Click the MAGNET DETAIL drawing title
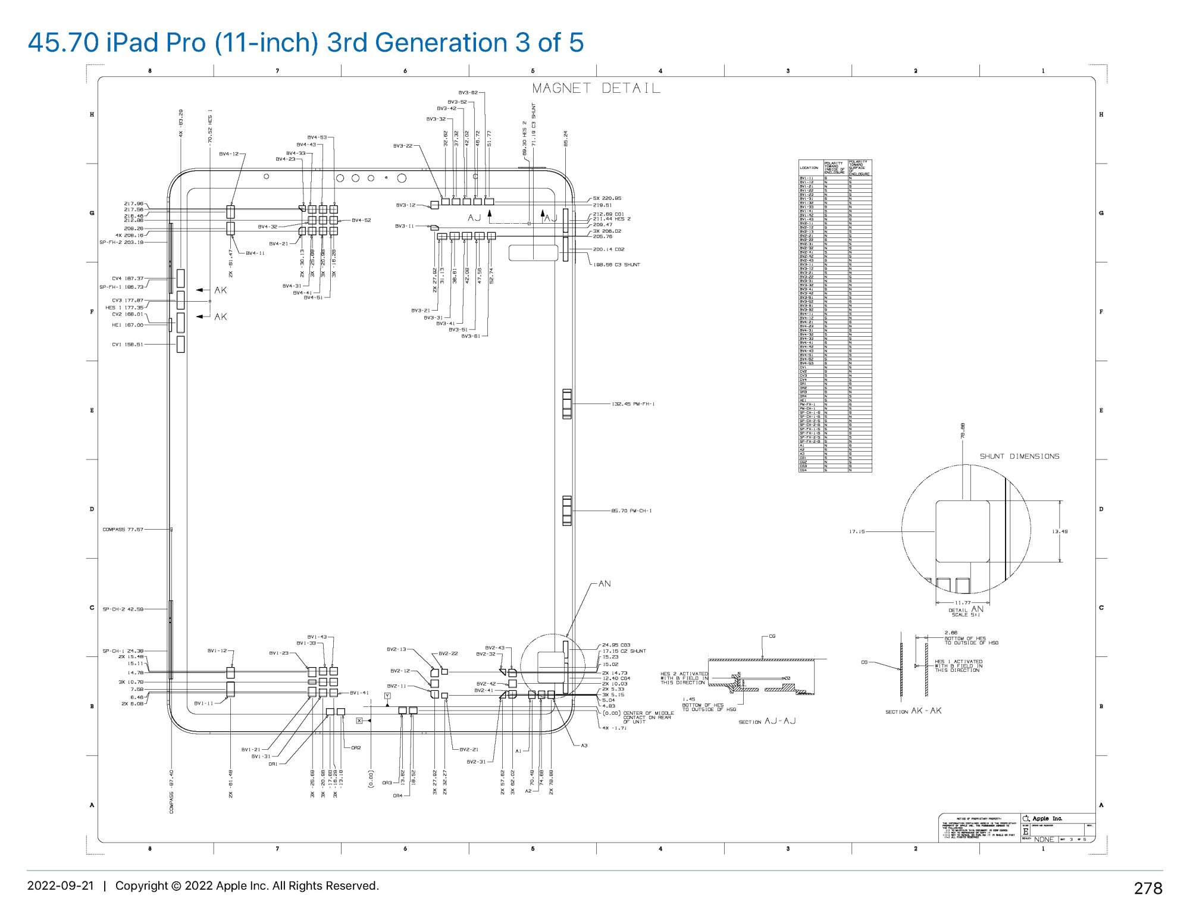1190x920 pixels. click(x=596, y=88)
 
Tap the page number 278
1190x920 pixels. click(x=1148, y=888)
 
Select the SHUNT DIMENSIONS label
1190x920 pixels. click(x=1019, y=456)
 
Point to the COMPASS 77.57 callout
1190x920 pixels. click(x=123, y=529)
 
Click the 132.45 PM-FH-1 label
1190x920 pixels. click(x=633, y=404)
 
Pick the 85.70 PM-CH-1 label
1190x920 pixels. click(x=631, y=511)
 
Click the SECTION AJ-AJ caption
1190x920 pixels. click(x=767, y=721)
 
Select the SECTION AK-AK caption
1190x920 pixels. click(x=913, y=711)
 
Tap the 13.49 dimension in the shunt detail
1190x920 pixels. click(x=1060, y=531)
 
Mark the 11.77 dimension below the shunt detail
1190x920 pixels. click(x=963, y=603)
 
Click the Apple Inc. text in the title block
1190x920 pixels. click(x=1047, y=819)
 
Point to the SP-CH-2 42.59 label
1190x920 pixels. click(x=123, y=609)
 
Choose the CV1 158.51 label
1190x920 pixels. click(x=127, y=344)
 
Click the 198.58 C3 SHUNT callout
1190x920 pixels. click(x=616, y=265)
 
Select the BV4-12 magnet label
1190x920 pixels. click(x=228, y=154)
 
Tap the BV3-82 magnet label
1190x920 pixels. click(x=468, y=93)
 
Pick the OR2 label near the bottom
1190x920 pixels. click(x=356, y=748)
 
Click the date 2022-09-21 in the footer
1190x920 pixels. click(x=61, y=885)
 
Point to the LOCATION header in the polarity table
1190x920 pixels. click(x=809, y=168)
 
